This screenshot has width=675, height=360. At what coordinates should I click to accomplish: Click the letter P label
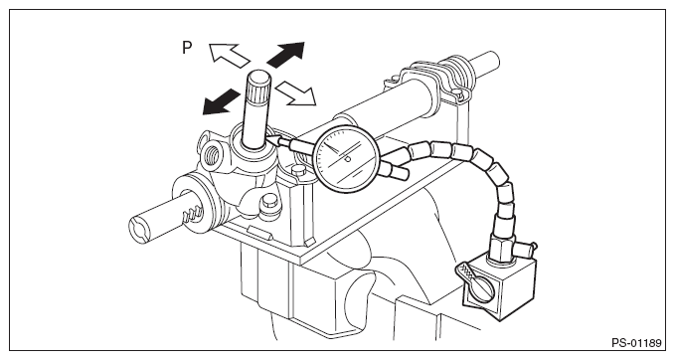(187, 48)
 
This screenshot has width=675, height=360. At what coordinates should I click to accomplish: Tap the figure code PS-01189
(636, 343)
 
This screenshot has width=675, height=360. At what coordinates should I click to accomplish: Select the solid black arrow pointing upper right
(286, 54)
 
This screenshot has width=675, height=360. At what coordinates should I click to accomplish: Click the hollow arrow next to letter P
(229, 55)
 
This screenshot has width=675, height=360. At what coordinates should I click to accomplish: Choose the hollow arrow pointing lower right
(296, 92)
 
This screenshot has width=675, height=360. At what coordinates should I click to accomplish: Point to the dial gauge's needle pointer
(337, 152)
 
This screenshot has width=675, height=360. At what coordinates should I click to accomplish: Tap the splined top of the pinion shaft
(258, 89)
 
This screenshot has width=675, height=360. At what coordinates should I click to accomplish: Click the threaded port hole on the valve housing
(211, 155)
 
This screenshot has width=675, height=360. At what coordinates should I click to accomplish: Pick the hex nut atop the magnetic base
(502, 251)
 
